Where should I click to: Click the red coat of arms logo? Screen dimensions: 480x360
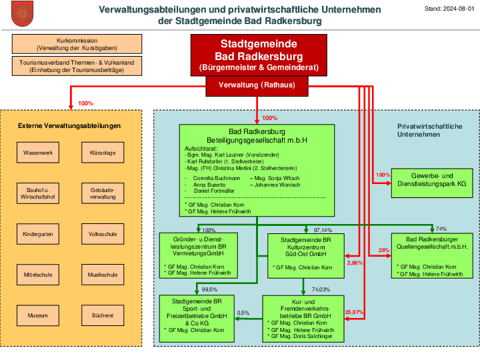[x=23, y=13]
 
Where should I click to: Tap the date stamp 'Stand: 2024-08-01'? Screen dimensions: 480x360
[x=449, y=9]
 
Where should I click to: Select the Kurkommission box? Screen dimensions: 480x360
[x=77, y=44]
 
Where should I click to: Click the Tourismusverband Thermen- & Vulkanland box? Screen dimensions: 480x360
[x=77, y=66]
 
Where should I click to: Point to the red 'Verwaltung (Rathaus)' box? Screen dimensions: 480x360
[x=257, y=86]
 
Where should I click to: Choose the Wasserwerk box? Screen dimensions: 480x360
[x=38, y=153]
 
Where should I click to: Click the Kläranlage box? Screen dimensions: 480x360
[x=103, y=153]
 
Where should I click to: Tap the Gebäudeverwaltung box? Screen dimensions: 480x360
[x=103, y=193]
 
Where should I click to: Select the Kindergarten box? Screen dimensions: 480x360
[x=38, y=234]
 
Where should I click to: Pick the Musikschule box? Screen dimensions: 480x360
[x=103, y=275]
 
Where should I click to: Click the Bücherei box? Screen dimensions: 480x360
[x=103, y=315]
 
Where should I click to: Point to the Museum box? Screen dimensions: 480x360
[x=38, y=315]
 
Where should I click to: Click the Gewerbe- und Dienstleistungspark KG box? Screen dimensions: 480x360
[x=432, y=183]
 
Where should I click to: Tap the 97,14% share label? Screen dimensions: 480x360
[x=323, y=230]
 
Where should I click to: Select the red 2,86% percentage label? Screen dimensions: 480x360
[x=355, y=263]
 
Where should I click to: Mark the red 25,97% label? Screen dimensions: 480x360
[x=354, y=312]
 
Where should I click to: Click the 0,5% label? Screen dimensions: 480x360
[x=243, y=313]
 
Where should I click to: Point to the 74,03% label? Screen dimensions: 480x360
[x=321, y=289]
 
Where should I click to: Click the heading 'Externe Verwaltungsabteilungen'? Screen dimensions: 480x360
[x=69, y=126]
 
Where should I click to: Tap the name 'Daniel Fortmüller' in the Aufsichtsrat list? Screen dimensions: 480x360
[x=214, y=191]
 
